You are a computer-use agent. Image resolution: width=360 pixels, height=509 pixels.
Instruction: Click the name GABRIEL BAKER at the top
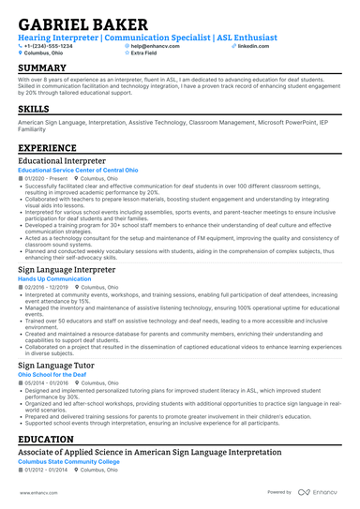click(82, 23)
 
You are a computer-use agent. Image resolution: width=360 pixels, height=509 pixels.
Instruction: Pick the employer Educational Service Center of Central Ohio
click(79, 170)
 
